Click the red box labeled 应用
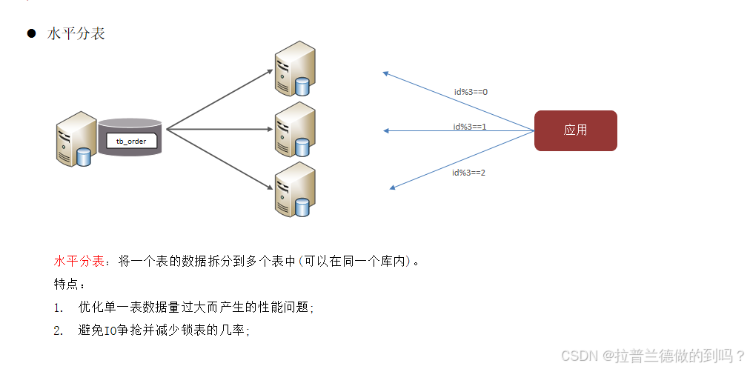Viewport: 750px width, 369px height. coord(575,130)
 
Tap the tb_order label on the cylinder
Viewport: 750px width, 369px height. coord(131,141)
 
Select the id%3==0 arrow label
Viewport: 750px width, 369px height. coord(471,92)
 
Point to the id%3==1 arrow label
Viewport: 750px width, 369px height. coord(470,127)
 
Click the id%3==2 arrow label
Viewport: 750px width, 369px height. coord(468,172)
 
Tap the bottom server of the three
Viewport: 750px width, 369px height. coord(294,190)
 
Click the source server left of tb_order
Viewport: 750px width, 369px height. coord(76,139)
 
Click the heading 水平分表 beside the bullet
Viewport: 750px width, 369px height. coord(76,34)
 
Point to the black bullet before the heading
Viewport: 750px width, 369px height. coord(31,34)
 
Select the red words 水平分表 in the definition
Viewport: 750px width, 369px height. coord(77,262)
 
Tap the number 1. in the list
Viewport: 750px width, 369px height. coord(59,307)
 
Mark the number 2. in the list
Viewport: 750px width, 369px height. coord(59,330)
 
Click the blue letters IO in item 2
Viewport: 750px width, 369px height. coord(110,330)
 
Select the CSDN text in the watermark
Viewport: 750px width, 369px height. coord(579,356)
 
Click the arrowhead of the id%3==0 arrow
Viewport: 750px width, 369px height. coord(385,73)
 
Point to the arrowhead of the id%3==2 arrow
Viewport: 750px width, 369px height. coord(393,187)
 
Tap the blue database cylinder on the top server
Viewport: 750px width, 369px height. coord(302,86)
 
